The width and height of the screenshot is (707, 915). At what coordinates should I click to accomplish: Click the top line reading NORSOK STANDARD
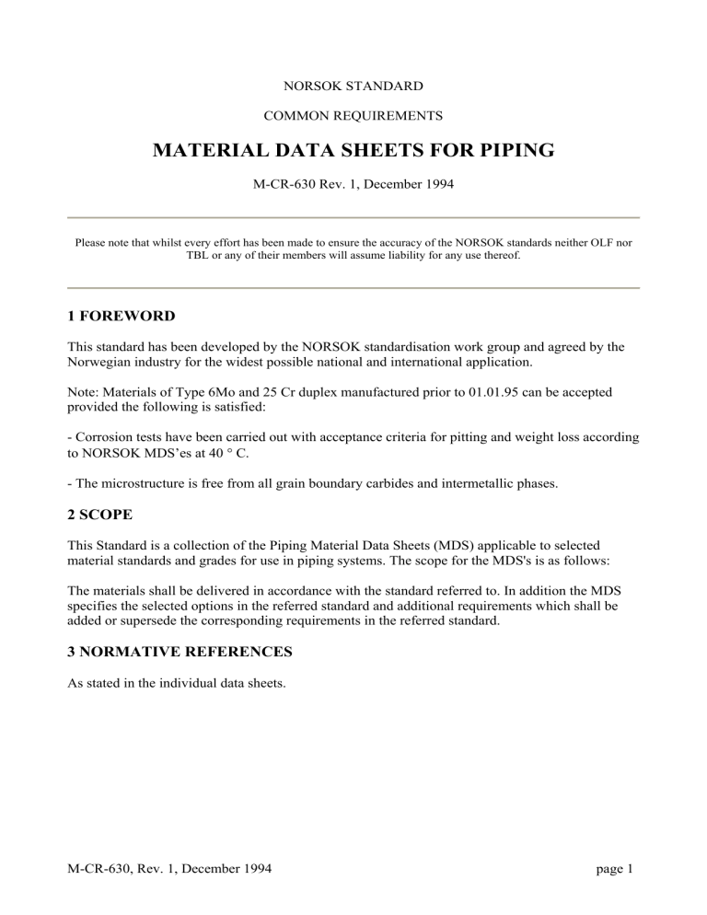click(x=353, y=86)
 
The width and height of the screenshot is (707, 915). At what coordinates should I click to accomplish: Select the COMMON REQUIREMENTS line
click(x=353, y=116)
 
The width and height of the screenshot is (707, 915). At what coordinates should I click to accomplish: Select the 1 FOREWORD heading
click(x=122, y=316)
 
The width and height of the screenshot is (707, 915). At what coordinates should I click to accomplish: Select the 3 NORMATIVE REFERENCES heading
click(x=183, y=653)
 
